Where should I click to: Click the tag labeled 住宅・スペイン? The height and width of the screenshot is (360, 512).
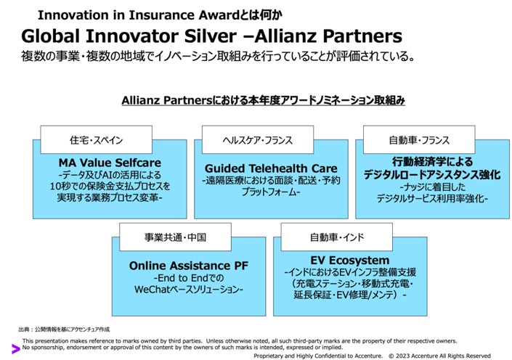click(95, 139)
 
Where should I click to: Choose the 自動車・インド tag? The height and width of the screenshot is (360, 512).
click(336, 237)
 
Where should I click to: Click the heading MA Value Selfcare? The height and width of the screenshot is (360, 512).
click(110, 163)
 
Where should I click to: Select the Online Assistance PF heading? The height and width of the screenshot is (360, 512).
click(189, 266)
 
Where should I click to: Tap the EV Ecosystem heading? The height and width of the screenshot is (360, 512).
click(350, 260)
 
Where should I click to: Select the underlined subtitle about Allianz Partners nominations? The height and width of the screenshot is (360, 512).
click(263, 100)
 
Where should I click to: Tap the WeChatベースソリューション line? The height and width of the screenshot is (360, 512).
click(189, 290)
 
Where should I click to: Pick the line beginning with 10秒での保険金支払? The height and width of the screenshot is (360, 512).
click(110, 186)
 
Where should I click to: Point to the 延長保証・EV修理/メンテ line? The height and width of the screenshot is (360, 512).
click(350, 295)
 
